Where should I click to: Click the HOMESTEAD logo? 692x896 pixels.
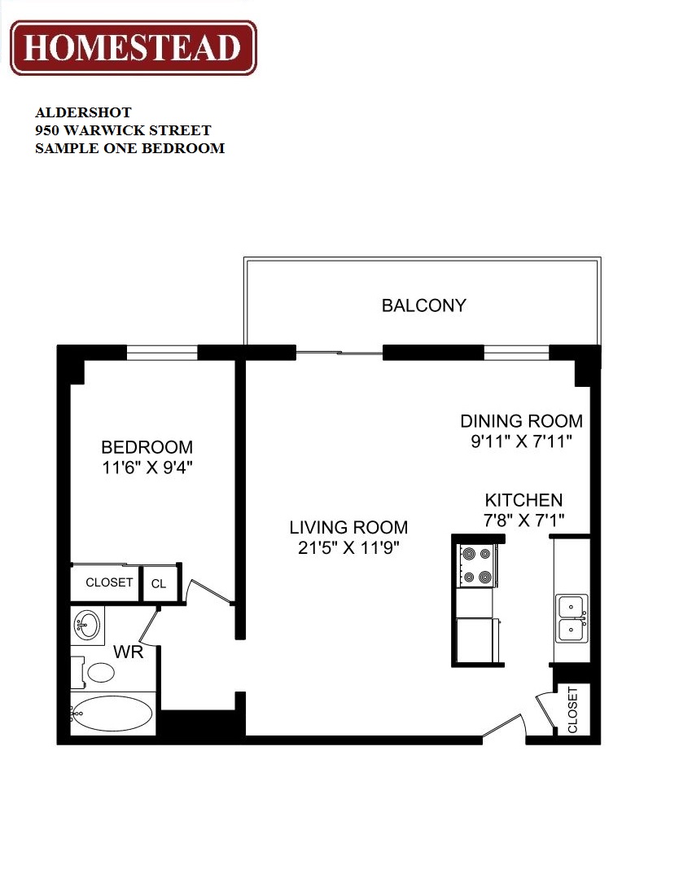[133, 47]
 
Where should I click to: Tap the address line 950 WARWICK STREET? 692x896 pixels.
[123, 130]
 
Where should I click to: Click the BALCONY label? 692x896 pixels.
[424, 305]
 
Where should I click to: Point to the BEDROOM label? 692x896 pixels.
[147, 447]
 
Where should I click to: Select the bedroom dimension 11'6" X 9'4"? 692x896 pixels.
[147, 468]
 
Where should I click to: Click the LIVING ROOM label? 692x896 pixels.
[348, 527]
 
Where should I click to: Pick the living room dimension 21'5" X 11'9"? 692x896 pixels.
[348, 547]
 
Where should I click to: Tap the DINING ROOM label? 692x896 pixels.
[521, 421]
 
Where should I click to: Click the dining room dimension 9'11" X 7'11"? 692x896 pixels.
[521, 441]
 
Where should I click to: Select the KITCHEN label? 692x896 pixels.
[523, 500]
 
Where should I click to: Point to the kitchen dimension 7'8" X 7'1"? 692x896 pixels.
[523, 520]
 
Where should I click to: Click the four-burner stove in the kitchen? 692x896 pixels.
[476, 565]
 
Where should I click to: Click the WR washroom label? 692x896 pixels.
[129, 652]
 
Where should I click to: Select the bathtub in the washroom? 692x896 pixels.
[112, 714]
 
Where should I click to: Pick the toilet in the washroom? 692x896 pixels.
[98, 672]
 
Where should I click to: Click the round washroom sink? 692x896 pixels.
[87, 626]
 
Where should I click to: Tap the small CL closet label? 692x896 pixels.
[158, 583]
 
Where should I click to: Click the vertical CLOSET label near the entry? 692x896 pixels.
[572, 710]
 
